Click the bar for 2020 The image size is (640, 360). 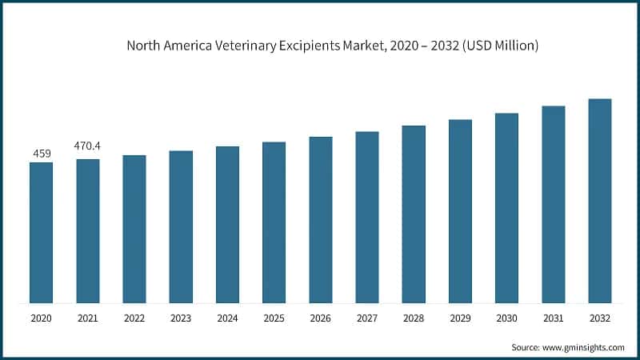click(41, 233)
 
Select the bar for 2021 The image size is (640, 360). click(88, 231)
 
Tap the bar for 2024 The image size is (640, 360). click(227, 225)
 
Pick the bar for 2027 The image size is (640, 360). click(366, 218)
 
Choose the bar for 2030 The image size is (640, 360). click(506, 208)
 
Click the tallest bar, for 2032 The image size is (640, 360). click(599, 201)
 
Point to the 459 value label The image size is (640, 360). click(41, 153)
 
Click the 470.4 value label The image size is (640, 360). click(88, 146)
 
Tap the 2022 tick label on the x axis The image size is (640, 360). click(134, 318)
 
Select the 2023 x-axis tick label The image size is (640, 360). click(181, 318)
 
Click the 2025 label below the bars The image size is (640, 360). click(274, 318)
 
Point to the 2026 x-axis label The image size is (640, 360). click(320, 318)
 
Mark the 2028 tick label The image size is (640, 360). click(413, 318)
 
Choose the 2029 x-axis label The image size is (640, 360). click(460, 318)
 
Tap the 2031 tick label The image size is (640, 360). click(553, 318)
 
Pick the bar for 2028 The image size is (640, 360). click(413, 214)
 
